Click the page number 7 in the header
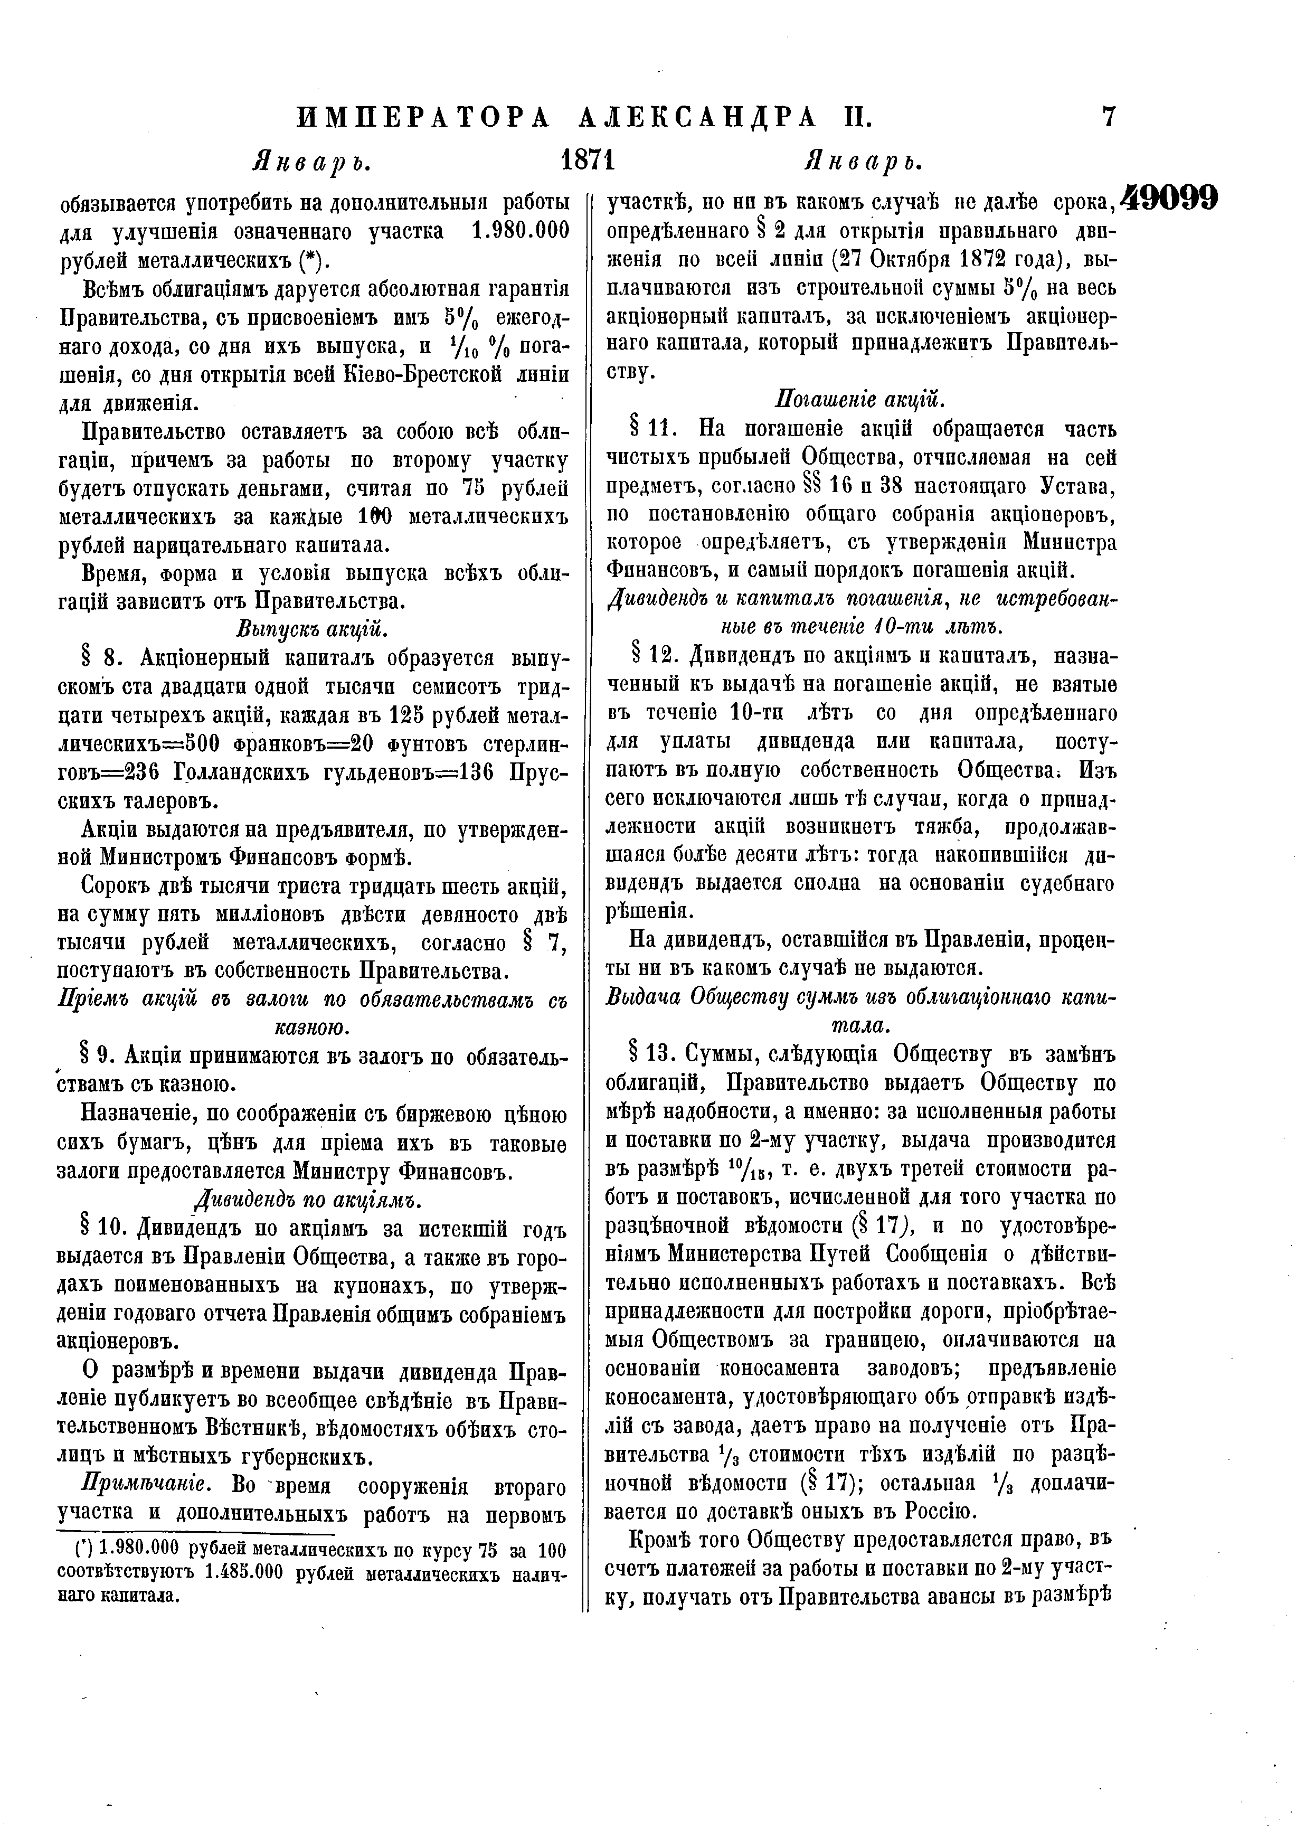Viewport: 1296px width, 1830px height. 1109,117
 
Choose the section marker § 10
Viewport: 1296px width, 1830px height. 105,1230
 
